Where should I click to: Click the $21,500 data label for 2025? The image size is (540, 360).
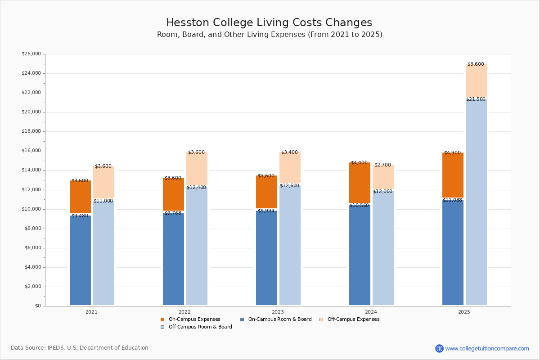(476, 99)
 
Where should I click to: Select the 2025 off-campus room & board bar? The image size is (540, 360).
(476, 202)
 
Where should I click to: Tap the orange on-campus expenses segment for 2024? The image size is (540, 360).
(360, 183)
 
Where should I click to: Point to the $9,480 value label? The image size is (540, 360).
(80, 216)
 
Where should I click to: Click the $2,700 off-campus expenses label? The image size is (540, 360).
(382, 165)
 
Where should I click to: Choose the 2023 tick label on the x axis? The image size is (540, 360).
(278, 312)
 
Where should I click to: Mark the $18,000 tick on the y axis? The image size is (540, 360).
(31, 131)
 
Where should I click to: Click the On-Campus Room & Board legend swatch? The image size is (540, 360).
(242, 319)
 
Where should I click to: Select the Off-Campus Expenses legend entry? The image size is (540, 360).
(350, 319)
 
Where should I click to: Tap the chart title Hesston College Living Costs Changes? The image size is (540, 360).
(269, 22)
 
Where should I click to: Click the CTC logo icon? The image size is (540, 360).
(439, 348)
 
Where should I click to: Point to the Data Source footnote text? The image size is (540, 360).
(80, 348)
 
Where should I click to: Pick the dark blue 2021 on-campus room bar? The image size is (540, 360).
(80, 261)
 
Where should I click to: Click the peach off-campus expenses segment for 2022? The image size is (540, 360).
(197, 169)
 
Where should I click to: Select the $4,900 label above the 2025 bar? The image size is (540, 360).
(452, 153)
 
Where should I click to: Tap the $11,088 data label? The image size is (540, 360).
(452, 200)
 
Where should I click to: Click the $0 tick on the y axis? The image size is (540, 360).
(38, 306)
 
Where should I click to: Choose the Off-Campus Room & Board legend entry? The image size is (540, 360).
(197, 327)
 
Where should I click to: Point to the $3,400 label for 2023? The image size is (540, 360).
(289, 153)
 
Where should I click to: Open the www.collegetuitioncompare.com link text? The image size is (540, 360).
(487, 349)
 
